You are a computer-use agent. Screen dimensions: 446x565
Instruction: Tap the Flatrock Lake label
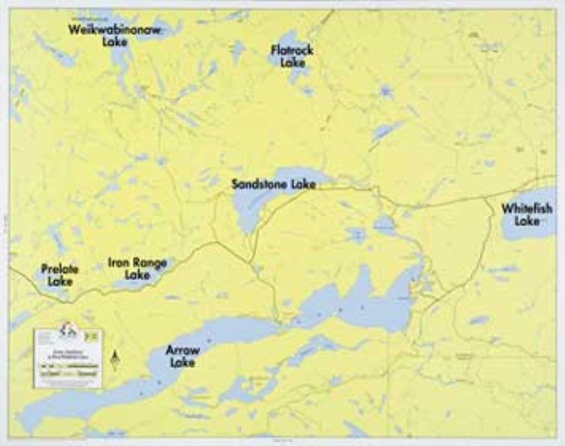click(x=292, y=56)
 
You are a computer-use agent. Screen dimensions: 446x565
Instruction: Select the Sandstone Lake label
click(x=274, y=184)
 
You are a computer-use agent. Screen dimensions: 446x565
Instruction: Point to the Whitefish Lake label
click(x=527, y=215)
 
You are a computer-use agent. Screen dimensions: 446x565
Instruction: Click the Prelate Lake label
click(x=60, y=275)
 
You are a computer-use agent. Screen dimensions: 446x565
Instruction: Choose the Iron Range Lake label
click(x=137, y=268)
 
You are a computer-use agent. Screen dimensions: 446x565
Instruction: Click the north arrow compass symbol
click(x=115, y=361)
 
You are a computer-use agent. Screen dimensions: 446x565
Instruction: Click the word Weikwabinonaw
click(x=114, y=30)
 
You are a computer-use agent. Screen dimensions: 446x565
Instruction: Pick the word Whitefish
click(x=527, y=209)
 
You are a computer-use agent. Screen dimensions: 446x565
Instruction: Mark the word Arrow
click(x=182, y=351)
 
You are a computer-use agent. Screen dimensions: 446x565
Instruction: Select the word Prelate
click(x=60, y=270)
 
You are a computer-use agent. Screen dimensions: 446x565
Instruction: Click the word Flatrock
click(x=292, y=50)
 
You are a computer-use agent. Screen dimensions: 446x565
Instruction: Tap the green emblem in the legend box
click(x=93, y=336)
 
